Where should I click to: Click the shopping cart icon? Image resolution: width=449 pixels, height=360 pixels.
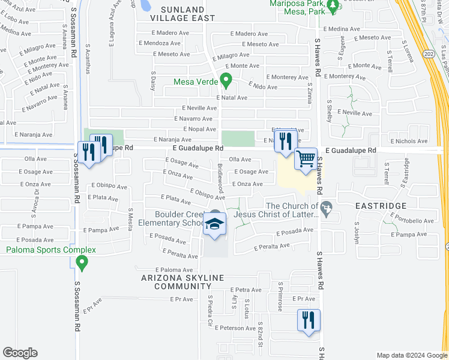[x=306, y=160]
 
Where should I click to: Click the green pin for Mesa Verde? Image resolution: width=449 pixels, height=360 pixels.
[x=226, y=80]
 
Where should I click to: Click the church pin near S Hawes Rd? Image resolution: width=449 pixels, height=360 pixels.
[x=326, y=209]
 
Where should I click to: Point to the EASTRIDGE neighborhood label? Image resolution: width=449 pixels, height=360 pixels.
[x=380, y=206]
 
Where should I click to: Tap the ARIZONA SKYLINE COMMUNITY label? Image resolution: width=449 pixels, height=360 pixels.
[x=182, y=282]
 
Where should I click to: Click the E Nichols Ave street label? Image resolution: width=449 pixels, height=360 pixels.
[x=409, y=142]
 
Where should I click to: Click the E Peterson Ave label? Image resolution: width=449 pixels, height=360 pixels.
[x=238, y=328]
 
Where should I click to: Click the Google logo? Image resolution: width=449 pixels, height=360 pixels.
[x=20, y=353]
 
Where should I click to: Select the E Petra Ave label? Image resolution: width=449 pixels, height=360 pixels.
[x=245, y=290]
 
